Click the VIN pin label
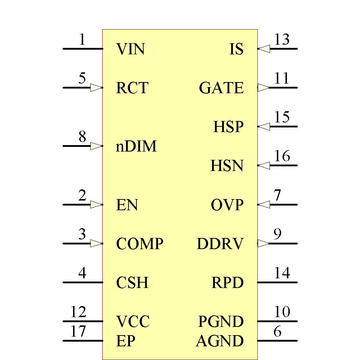coord(130,49)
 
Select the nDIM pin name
coord(136,147)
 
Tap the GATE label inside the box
coord(221,88)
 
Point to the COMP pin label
coord(140,244)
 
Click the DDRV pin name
coord(220,244)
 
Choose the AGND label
coord(220,341)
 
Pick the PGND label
coord(221,321)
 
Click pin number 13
coord(282,40)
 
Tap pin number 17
coord(78,331)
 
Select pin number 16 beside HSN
coord(282,156)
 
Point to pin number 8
coord(82,137)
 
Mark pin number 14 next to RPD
coord(282,273)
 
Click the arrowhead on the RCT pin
coord(96,87)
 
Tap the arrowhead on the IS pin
coord(264,49)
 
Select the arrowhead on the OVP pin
coord(264,204)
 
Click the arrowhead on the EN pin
coord(96,204)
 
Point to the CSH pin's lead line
coord(83,282)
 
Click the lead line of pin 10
coord(277,321)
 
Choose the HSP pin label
coord(228,127)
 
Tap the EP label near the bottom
coord(126,341)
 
